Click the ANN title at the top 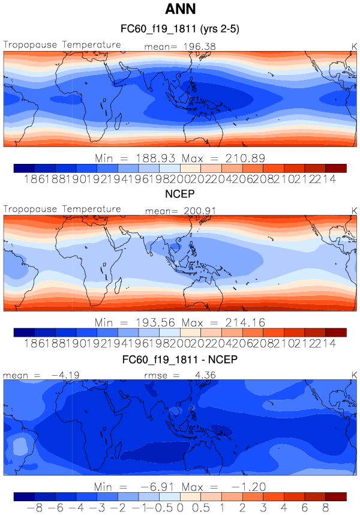(x=180, y=10)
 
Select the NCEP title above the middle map (x=180, y=195)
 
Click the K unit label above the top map (x=353, y=46)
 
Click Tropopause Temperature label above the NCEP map (x=62, y=209)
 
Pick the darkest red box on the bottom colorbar (x=336, y=496)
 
